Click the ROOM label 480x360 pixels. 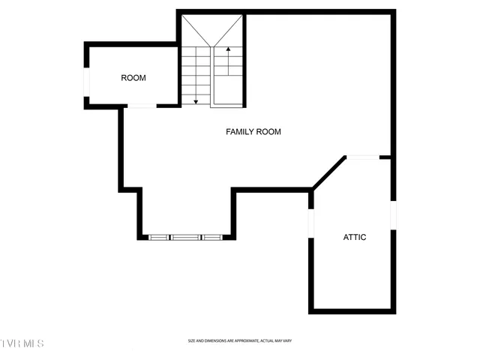pyautogui.click(x=133, y=78)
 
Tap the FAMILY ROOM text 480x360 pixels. pyautogui.click(x=253, y=132)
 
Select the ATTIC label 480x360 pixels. pyautogui.click(x=355, y=237)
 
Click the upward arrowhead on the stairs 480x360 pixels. pyautogui.click(x=227, y=49)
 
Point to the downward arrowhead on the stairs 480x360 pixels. pyautogui.click(x=196, y=101)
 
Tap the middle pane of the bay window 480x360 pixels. pyautogui.click(x=186, y=238)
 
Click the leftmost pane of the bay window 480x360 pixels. pyautogui.click(x=160, y=238)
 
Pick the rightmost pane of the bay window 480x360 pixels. pyautogui.click(x=212, y=238)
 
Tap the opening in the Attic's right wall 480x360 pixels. pyautogui.click(x=392, y=214)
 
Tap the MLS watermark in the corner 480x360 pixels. pyautogui.click(x=22, y=343)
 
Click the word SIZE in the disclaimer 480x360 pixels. pyautogui.click(x=192, y=341)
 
